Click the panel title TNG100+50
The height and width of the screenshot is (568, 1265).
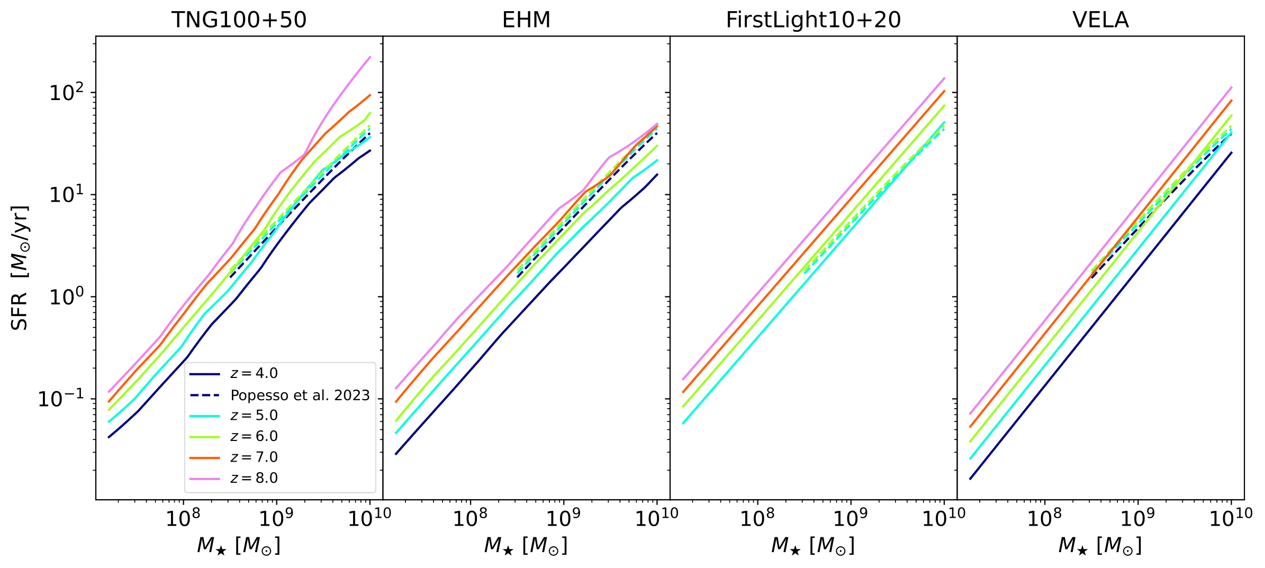pyautogui.click(x=239, y=20)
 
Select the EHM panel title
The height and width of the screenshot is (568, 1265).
pyautogui.click(x=526, y=20)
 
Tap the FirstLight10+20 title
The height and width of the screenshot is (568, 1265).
pyautogui.click(x=813, y=20)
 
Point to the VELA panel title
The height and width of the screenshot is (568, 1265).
pyautogui.click(x=1100, y=20)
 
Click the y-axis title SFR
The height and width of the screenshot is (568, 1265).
pyautogui.click(x=20, y=268)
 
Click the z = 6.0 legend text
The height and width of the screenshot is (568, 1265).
pyautogui.click(x=254, y=436)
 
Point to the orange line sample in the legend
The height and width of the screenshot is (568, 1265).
pyautogui.click(x=204, y=457)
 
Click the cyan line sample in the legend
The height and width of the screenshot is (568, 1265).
pyautogui.click(x=204, y=416)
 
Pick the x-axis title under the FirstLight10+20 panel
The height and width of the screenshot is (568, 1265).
pyautogui.click(x=813, y=545)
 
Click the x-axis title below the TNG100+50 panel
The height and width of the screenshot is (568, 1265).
pyautogui.click(x=239, y=545)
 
